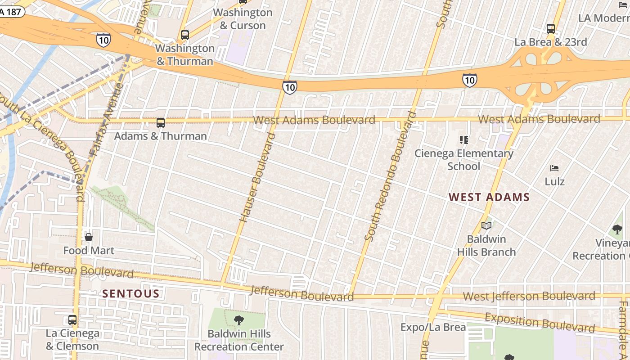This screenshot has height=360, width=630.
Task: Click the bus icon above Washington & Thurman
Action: pyautogui.click(x=184, y=35)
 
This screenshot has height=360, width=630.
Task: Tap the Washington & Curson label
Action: pyautogui.click(x=243, y=19)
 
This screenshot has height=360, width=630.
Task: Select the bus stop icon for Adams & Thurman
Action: pyautogui.click(x=161, y=122)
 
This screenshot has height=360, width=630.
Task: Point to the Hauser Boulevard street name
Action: pyautogui.click(x=257, y=177)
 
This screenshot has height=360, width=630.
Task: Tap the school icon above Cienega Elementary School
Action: pyautogui.click(x=463, y=140)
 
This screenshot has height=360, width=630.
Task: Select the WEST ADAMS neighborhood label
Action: pyautogui.click(x=489, y=197)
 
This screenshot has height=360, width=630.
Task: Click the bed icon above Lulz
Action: pyautogui.click(x=554, y=168)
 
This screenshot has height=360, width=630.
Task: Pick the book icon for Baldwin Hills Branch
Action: pyautogui.click(x=486, y=225)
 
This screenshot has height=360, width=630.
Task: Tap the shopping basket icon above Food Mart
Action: pyautogui.click(x=89, y=237)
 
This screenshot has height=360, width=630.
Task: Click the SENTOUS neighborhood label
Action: pyautogui.click(x=130, y=294)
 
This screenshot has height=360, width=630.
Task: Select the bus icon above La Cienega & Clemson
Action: pyautogui.click(x=72, y=320)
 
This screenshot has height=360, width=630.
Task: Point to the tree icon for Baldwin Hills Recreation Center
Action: pyautogui.click(x=239, y=320)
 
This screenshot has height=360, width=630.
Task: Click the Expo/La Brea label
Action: pyautogui.click(x=433, y=327)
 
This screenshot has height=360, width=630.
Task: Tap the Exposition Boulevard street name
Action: pyautogui.click(x=540, y=322)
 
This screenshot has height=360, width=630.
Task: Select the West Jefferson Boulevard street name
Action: pyautogui.click(x=529, y=296)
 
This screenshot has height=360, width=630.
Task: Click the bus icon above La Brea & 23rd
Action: pyautogui.click(x=551, y=29)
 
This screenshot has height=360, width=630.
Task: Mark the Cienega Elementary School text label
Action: pyautogui.click(x=463, y=160)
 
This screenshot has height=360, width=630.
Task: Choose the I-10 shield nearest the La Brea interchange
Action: pyautogui.click(x=469, y=80)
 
